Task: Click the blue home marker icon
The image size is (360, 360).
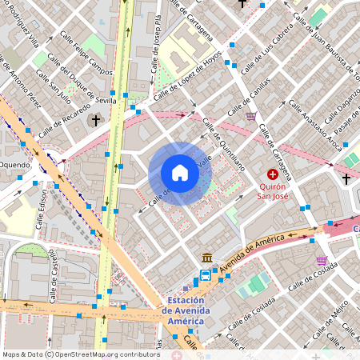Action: [180, 173]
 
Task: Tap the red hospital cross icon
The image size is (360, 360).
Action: [273, 174]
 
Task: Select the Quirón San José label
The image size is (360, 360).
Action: [272, 189]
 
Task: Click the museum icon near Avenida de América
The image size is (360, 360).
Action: [207, 258]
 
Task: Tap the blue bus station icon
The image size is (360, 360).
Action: [206, 276]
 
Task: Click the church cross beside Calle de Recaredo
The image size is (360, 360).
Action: [96, 121]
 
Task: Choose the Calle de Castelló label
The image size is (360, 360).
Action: [53, 272]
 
